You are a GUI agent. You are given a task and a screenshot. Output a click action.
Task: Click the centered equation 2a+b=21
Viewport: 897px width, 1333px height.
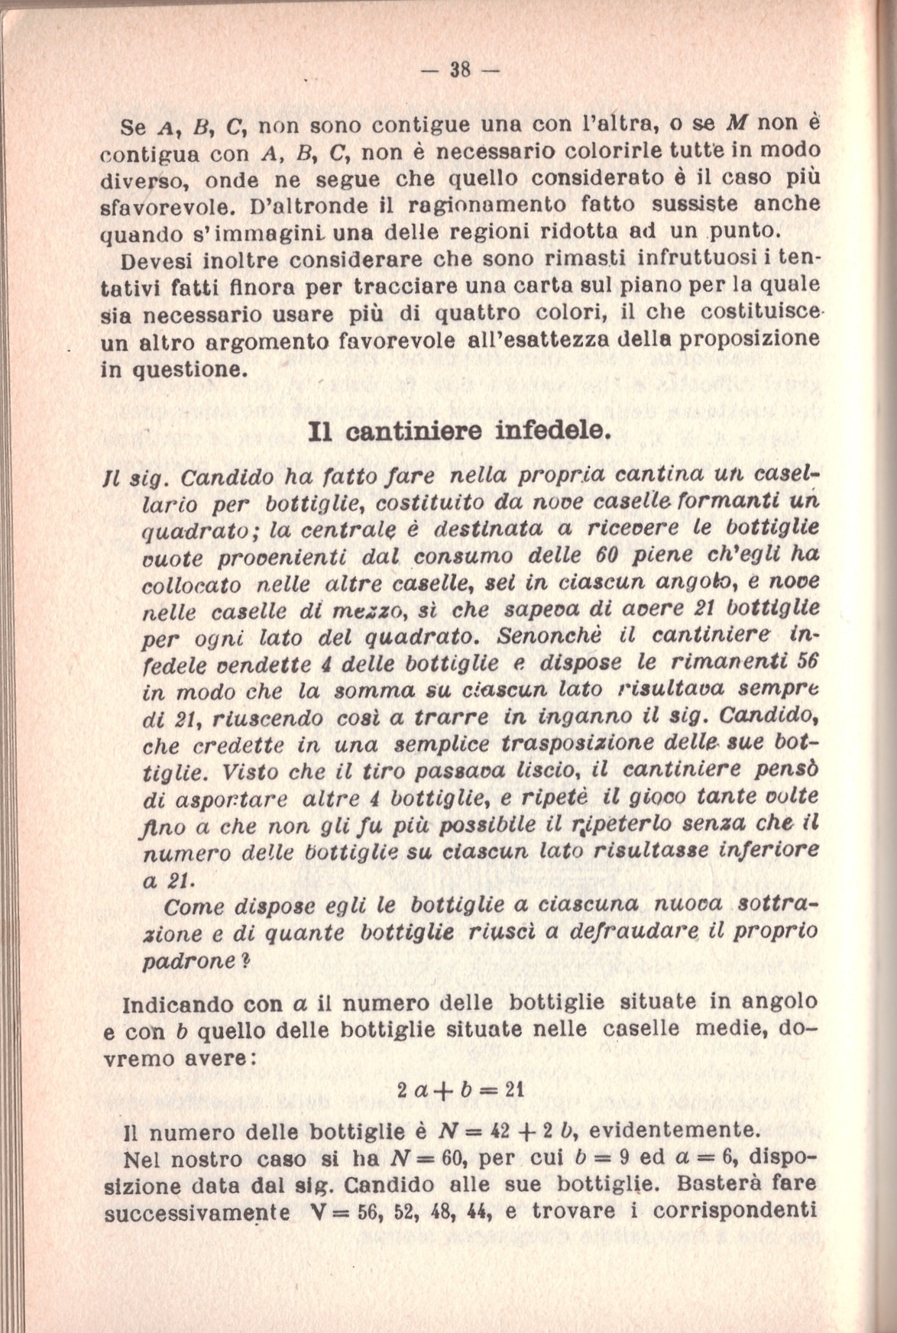[x=459, y=1090]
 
